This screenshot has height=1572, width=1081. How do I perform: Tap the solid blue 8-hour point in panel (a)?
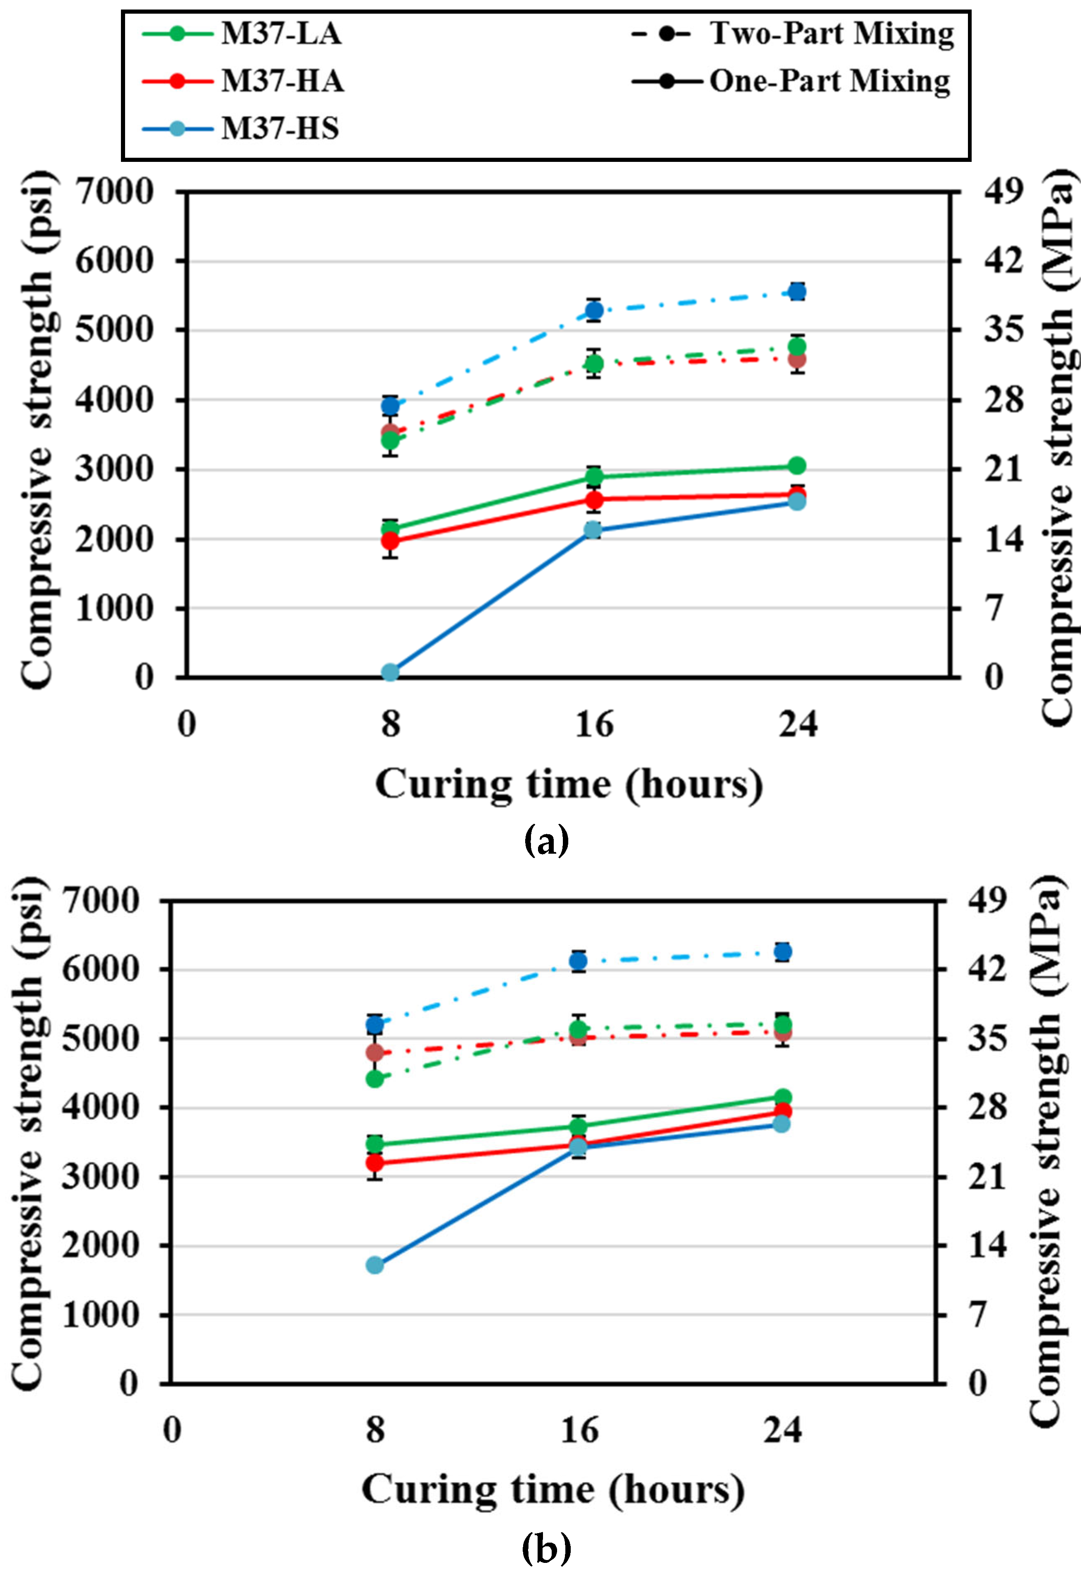coord(390,672)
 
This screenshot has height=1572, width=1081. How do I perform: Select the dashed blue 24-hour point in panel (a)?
coord(797,292)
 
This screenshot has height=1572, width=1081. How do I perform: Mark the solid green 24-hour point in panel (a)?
coord(797,466)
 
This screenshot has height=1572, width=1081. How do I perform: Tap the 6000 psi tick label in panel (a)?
coord(114,261)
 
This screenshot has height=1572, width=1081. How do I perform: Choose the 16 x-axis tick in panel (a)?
coord(594,725)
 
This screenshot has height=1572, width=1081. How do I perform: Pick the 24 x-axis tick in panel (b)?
coord(782,1430)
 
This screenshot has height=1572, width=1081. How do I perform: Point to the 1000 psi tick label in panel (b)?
coord(100,1315)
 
